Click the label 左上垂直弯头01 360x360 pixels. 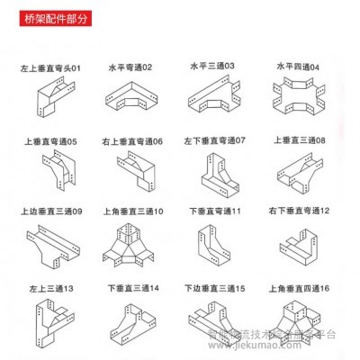(51, 67)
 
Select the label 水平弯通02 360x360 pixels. (131, 67)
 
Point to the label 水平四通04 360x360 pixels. (297, 66)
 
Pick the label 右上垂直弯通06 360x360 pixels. (132, 141)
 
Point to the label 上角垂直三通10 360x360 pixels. (132, 212)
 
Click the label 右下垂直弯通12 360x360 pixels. (299, 211)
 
